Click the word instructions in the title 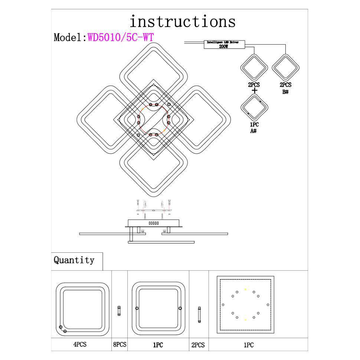click(x=183, y=22)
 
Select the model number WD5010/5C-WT click(x=121, y=37)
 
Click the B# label click(x=285, y=92)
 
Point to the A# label click(x=254, y=131)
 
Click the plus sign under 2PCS click(x=254, y=91)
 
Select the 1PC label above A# click(x=254, y=125)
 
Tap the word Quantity click(x=74, y=260)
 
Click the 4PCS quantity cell click(x=80, y=344)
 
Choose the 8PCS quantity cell click(x=120, y=344)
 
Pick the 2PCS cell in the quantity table click(x=198, y=345)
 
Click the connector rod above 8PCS click(x=119, y=311)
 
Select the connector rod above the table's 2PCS click(x=199, y=314)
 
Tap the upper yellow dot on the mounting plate click(x=245, y=289)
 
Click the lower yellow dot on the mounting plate click(x=245, y=319)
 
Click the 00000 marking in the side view click(x=153, y=223)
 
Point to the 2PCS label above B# click(x=285, y=85)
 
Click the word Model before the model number click(x=69, y=37)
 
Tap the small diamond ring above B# click(x=285, y=68)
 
